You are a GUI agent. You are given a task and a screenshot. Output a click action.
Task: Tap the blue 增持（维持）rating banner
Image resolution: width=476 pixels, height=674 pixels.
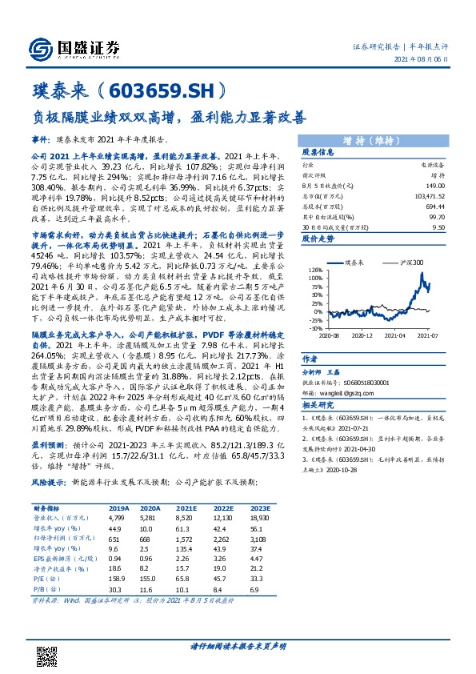coord(373,140)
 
